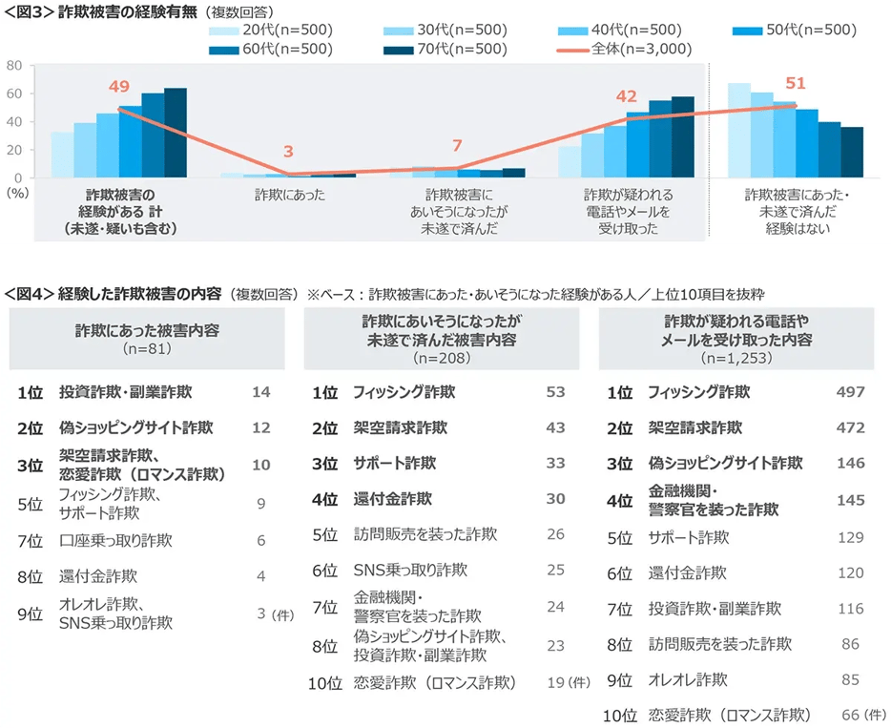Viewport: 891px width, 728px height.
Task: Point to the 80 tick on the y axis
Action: click(14, 65)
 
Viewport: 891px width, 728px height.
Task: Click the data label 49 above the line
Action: click(118, 87)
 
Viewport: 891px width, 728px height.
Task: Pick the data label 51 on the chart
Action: click(796, 83)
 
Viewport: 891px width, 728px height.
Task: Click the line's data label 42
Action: click(626, 96)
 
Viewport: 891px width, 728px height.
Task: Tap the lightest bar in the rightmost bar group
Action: click(738, 130)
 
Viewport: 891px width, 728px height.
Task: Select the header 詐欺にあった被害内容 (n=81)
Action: click(147, 339)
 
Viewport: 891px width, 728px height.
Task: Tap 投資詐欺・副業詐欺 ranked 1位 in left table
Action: click(125, 392)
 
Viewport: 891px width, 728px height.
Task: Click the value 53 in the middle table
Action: click(556, 392)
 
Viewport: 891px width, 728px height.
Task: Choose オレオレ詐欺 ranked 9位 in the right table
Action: click(688, 680)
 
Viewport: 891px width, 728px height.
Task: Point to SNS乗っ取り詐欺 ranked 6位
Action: click(410, 571)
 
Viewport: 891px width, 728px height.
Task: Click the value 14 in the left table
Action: click(261, 392)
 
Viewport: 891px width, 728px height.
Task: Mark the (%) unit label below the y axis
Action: click(16, 191)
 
